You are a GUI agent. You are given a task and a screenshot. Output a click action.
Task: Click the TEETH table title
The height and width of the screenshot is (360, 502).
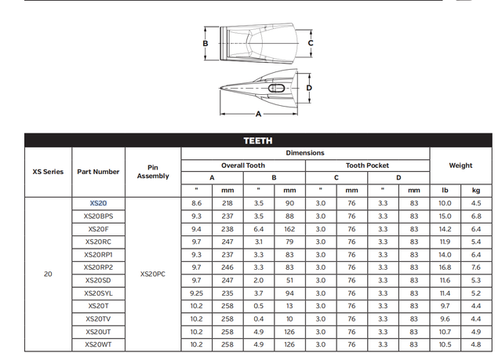coord(258,140)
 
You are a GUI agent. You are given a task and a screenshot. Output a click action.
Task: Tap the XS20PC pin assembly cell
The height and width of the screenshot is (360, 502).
coord(152,274)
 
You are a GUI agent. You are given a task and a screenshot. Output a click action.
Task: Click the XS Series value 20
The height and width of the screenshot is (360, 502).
coord(48,274)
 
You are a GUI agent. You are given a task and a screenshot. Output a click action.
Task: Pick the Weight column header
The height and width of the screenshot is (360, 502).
coord(460,165)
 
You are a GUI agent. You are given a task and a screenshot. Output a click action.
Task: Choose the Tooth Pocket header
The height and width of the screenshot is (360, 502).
coord(367,165)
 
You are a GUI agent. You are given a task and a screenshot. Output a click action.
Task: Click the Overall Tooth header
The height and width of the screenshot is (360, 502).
coord(242,165)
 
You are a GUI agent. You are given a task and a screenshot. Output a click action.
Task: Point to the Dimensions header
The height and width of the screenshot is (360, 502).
coord(305,153)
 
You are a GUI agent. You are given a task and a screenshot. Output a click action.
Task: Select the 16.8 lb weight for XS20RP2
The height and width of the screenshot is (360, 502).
coord(445,267)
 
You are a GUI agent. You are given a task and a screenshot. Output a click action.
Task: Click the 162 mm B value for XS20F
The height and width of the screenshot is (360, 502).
coord(289,228)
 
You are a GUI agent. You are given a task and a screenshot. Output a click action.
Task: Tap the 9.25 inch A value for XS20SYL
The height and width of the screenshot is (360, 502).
coord(196,293)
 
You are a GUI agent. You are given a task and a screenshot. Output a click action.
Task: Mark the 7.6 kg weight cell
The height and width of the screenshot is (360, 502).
coord(476,267)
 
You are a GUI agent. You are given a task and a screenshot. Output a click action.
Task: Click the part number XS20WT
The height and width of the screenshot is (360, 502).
coord(99,344)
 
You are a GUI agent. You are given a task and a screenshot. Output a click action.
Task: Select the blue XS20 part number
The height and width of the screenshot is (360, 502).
coord(99,203)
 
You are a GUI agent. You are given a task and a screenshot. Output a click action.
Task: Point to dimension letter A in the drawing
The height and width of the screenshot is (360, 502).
coord(258,114)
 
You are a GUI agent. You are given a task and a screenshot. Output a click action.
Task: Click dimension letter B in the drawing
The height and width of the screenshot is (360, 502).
coord(206,43)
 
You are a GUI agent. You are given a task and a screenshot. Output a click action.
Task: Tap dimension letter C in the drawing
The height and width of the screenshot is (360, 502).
coord(311,42)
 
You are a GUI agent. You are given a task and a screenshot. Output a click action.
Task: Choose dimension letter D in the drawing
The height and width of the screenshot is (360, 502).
coord(309,88)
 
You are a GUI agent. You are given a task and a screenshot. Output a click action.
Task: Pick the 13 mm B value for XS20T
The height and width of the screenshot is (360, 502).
coord(289,305)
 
